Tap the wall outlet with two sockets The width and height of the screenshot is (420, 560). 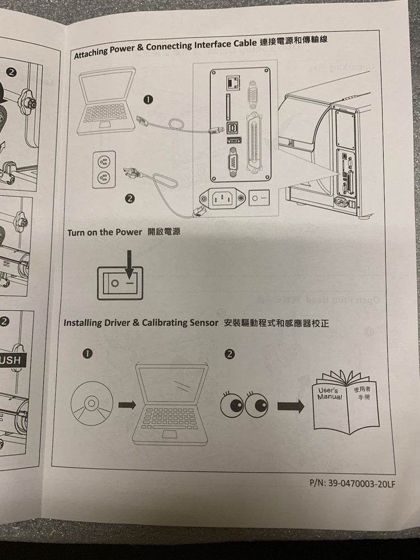tap(103, 170)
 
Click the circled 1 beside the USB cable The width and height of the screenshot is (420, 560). tap(148, 99)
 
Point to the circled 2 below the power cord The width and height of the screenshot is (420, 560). tap(130, 198)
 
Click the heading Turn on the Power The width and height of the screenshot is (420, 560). tap(105, 232)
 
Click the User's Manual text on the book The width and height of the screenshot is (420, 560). tap(329, 394)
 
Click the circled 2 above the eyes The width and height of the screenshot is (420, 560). tap(229, 354)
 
